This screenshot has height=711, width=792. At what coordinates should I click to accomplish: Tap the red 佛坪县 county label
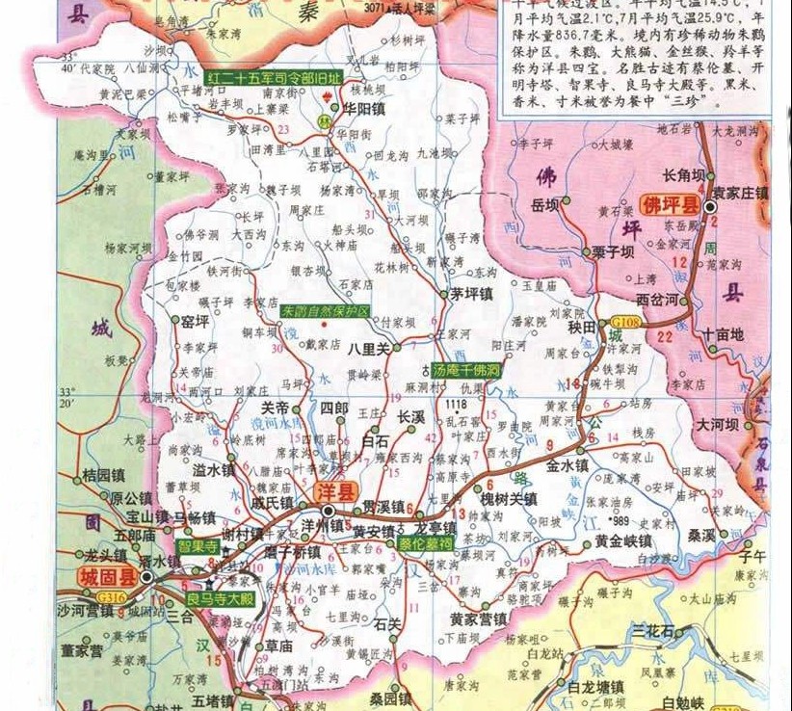click(x=671, y=205)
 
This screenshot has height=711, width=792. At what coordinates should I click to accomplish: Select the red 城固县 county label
click(x=103, y=577)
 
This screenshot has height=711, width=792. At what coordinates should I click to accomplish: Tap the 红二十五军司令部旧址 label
click(x=275, y=76)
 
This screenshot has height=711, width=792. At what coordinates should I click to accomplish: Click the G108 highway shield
click(x=624, y=321)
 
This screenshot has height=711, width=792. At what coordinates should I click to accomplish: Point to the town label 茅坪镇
click(x=472, y=295)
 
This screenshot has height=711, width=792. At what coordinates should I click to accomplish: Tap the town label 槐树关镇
click(x=509, y=498)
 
